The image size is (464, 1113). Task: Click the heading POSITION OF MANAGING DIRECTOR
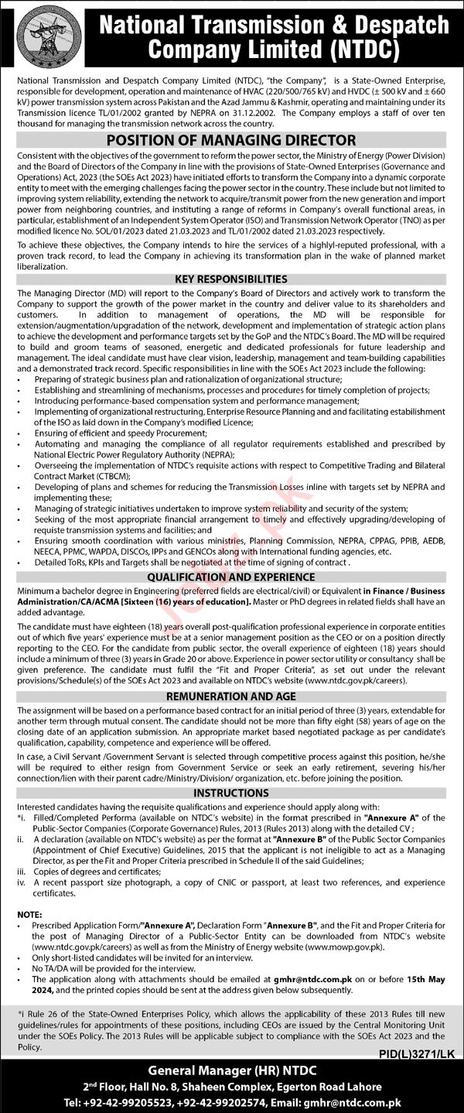231,141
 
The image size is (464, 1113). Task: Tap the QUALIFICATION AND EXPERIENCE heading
231,577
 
